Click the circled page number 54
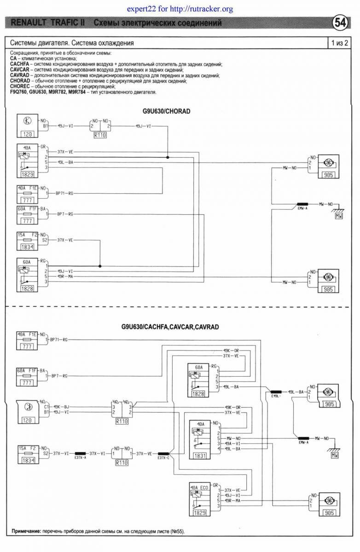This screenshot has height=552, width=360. coord(342,23)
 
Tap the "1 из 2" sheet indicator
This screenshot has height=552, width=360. coord(339,43)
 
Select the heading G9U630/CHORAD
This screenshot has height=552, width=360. coord(166,112)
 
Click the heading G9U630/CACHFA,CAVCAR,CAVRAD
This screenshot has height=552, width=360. coord(170,327)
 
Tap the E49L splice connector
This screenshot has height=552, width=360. coord(276,393)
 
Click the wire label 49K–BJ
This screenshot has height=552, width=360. coord(61,407)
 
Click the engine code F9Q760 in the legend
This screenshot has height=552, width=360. coord(19,92)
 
